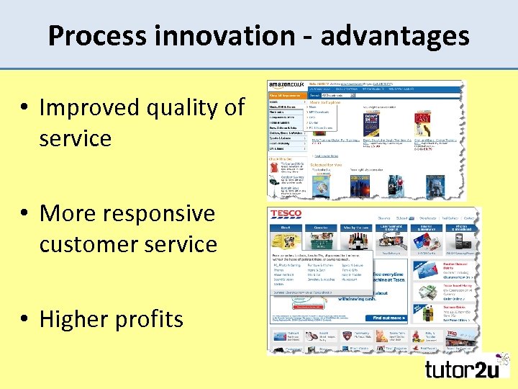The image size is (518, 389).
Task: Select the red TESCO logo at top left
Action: pyautogui.click(x=285, y=215)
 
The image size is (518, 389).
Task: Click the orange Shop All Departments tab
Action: pyautogui.click(x=285, y=94)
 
